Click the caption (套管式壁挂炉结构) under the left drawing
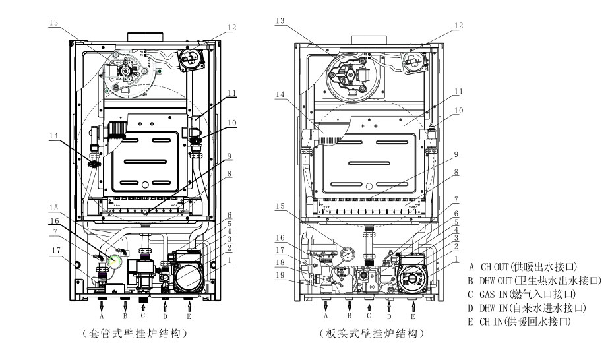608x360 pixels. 141,334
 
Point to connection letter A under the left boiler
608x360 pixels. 102,315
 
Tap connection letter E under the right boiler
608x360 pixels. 413,315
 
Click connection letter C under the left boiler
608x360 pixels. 144,315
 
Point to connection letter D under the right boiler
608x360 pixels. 390,315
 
